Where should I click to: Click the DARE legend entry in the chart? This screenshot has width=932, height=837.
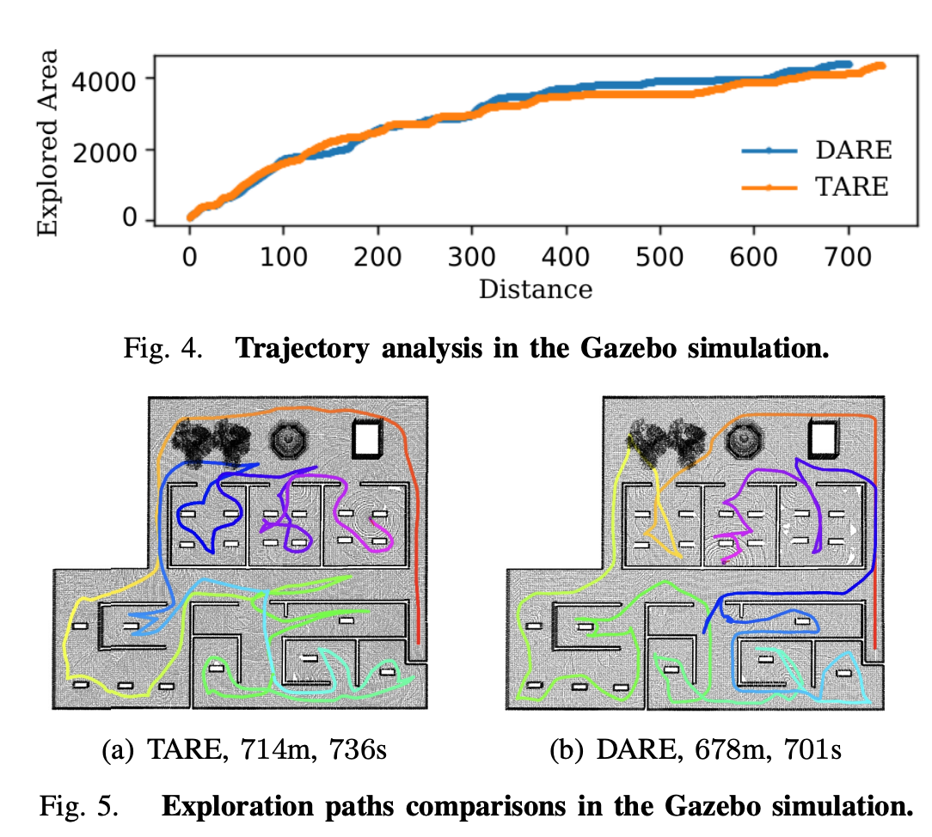853,150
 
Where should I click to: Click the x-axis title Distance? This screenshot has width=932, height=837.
535,289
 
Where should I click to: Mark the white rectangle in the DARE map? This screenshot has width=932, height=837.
825,439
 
